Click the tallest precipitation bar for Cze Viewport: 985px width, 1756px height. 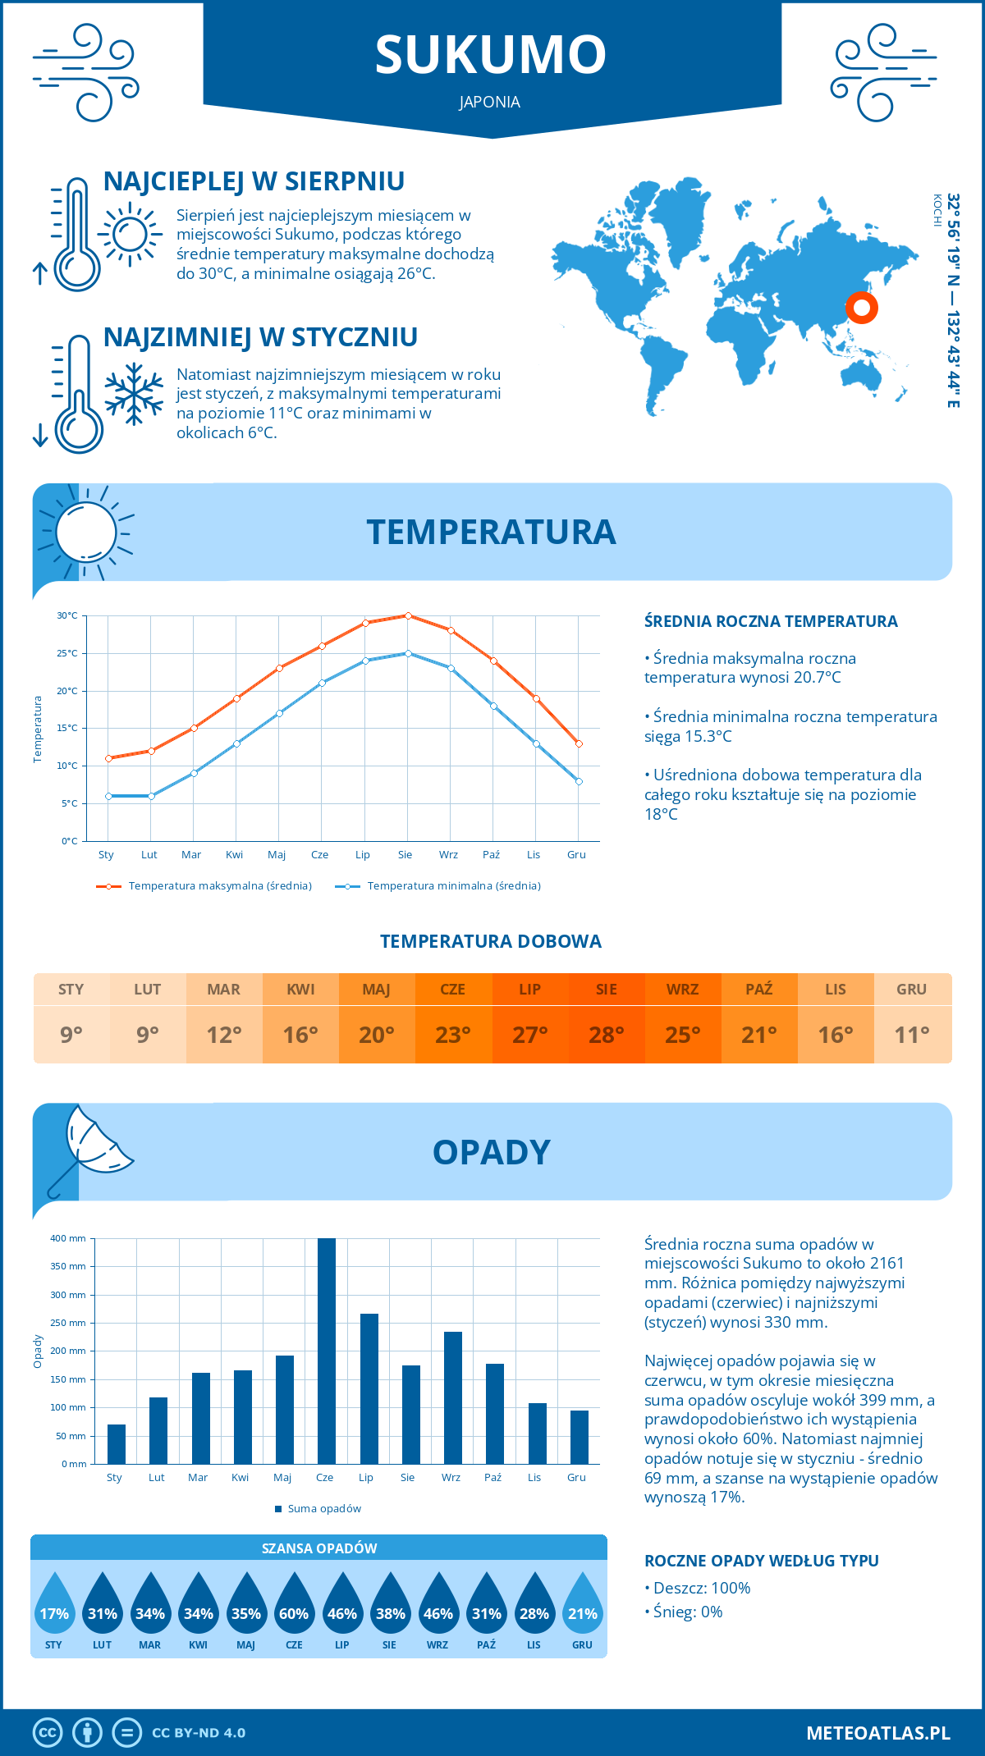tap(326, 1351)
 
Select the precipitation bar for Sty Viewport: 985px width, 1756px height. tap(117, 1444)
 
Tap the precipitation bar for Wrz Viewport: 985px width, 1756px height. tap(453, 1397)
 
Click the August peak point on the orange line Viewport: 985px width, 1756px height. tap(408, 615)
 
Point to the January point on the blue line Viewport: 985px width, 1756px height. tap(108, 796)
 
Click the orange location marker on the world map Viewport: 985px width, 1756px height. tap(861, 309)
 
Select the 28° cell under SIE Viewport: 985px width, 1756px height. tap(607, 1035)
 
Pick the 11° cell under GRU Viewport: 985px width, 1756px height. tap(912, 1035)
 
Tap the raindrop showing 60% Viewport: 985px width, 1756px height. tap(294, 1608)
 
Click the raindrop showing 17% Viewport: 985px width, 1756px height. tap(54, 1608)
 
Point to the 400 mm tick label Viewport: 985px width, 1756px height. tap(69, 1238)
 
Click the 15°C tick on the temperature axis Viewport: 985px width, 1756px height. tap(67, 729)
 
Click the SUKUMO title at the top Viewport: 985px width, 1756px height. tap(491, 55)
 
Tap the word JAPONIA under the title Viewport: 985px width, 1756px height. tap(490, 102)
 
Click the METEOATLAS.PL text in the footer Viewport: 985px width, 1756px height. tap(878, 1733)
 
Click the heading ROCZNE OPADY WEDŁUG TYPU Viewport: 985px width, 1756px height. tap(761, 1561)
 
